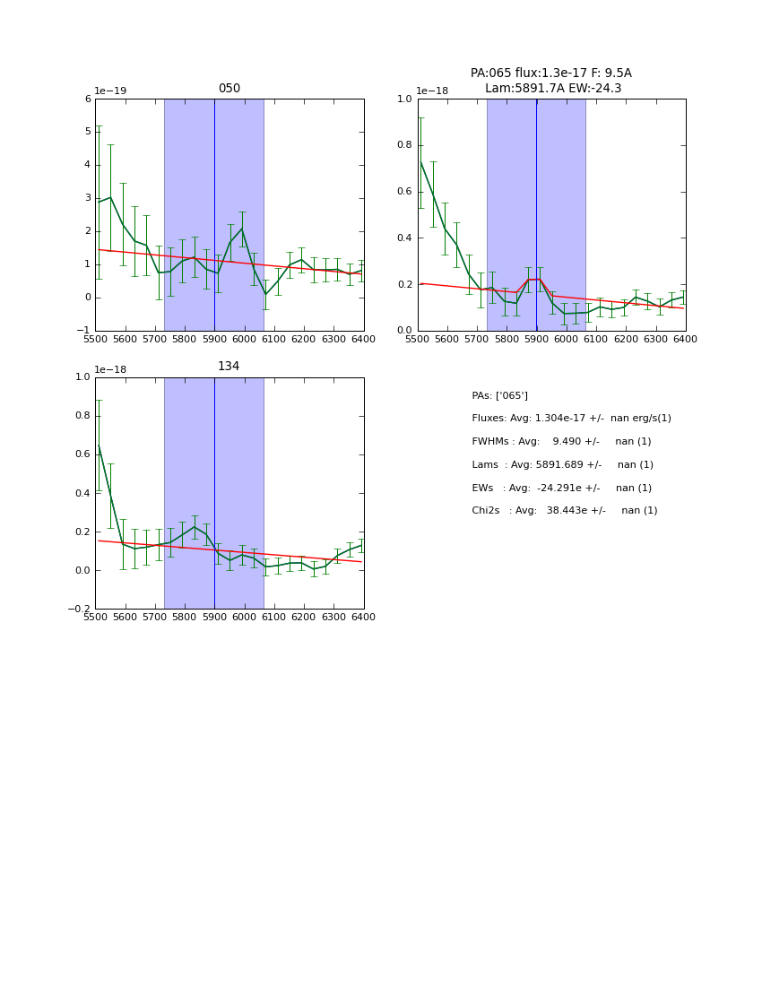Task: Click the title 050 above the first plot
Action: [x=229, y=89]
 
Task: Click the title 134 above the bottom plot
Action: [x=229, y=367]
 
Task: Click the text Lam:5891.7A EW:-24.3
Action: [x=552, y=89]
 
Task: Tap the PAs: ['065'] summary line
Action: [x=499, y=395]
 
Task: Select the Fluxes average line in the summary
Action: [x=571, y=419]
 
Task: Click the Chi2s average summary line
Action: [x=564, y=511]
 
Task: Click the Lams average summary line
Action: [x=562, y=465]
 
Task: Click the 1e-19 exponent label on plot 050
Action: [x=111, y=91]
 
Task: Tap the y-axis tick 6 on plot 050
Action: [x=88, y=99]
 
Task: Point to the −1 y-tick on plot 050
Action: [x=84, y=331]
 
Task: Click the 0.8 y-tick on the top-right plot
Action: [x=403, y=145]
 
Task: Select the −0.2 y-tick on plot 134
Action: [x=79, y=610]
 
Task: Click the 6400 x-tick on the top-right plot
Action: [x=685, y=339]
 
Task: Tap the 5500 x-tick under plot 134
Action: [x=95, y=617]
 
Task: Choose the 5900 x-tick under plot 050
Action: [x=214, y=339]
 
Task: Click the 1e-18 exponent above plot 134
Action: [x=111, y=369]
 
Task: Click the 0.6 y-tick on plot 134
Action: [x=82, y=454]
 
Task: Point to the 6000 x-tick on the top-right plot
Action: [x=566, y=339]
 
